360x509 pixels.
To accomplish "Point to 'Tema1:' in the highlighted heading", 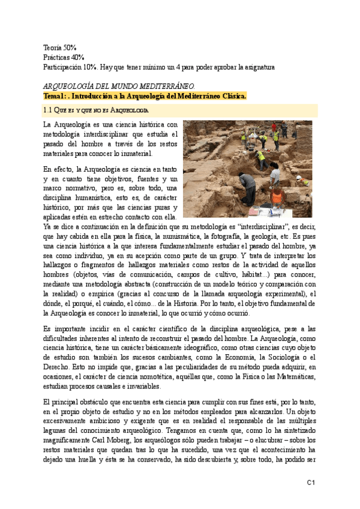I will click(x=55, y=97).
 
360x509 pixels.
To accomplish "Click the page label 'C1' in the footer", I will click(x=311, y=482).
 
